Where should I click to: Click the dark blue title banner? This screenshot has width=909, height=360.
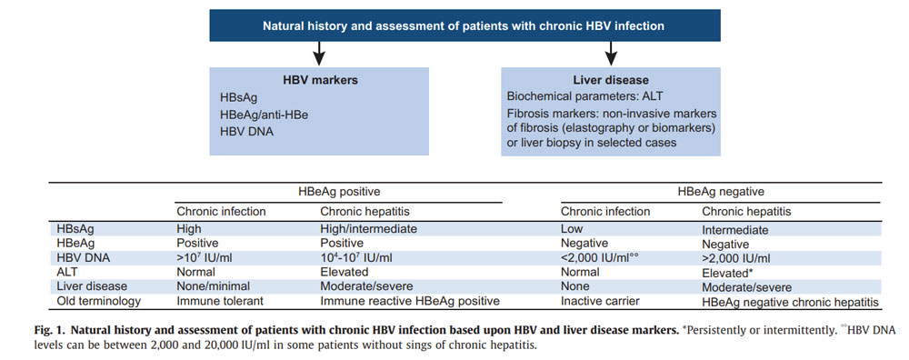tap(464, 25)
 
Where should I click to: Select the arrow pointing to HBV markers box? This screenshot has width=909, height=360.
tap(288, 54)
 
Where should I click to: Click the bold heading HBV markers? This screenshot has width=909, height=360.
tap(288, 80)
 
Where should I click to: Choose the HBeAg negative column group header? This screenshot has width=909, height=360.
tap(721, 193)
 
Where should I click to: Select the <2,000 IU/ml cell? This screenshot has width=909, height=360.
tap(599, 258)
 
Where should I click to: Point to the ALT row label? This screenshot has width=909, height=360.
tap(67, 272)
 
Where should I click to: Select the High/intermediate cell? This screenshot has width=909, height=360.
tap(368, 229)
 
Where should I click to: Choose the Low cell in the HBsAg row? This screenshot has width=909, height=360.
tap(572, 229)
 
